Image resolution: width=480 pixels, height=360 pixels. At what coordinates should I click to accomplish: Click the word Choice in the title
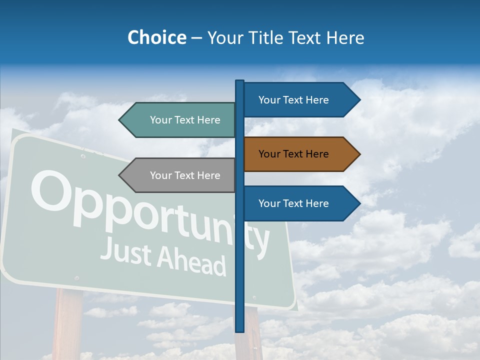pyautogui.click(x=156, y=37)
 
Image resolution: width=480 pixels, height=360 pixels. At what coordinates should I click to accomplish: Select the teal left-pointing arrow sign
pyautogui.click(x=177, y=120)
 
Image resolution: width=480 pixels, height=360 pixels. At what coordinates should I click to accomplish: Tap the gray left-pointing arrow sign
pyautogui.click(x=177, y=175)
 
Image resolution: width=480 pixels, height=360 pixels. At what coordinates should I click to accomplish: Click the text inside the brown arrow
pyautogui.click(x=293, y=154)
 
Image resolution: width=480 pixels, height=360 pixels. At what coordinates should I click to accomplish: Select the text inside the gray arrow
pyautogui.click(x=185, y=175)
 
